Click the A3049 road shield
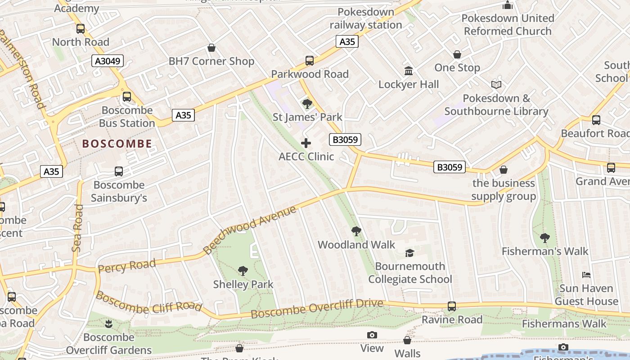click(x=108, y=61)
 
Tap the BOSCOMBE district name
click(x=117, y=144)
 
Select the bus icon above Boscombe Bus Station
click(x=127, y=96)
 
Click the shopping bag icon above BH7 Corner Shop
click(x=211, y=48)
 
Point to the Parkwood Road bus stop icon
click(x=310, y=60)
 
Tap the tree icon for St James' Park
click(x=307, y=104)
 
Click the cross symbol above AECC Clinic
click(x=306, y=143)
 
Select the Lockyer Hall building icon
click(x=409, y=71)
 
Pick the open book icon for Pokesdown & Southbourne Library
click(x=496, y=85)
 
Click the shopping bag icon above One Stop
click(x=457, y=54)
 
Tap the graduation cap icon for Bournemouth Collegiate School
click(x=409, y=253)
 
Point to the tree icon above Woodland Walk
click(x=356, y=231)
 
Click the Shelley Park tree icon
click(x=243, y=271)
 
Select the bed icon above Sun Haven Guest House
click(x=586, y=275)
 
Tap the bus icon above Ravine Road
click(x=452, y=306)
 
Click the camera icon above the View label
click(x=372, y=335)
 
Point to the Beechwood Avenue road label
click(x=250, y=230)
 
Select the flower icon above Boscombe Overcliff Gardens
click(x=108, y=324)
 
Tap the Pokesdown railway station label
click(x=366, y=18)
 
